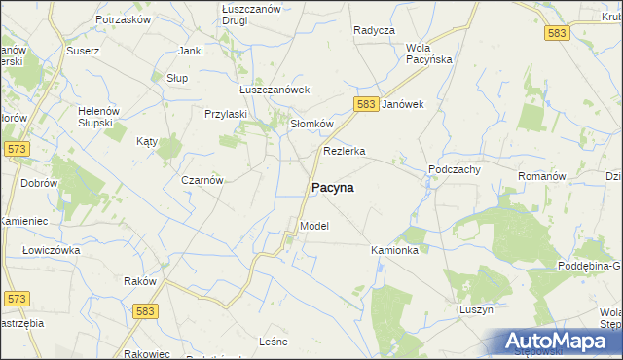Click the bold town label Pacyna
pos(332,188)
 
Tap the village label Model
pos(314,226)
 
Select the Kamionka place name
pos(394,250)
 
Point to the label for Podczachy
pos(456,169)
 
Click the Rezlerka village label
pos(344,151)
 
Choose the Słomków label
pos(312,124)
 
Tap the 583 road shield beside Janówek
pos(366,104)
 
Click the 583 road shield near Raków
pos(146,310)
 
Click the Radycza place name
pos(374,30)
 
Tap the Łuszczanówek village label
pos(275,90)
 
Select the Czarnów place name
pos(203,180)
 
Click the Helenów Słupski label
pos(98,117)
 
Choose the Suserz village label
pos(83,51)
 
